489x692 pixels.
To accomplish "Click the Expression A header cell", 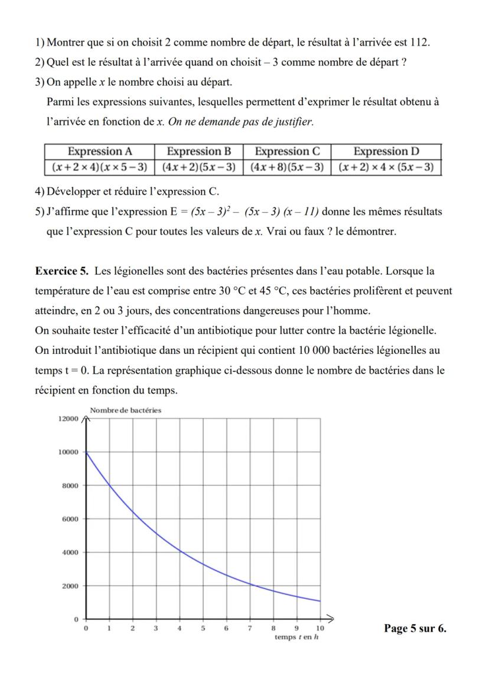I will pos(99,151).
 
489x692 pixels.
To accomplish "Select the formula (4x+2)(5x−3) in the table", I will pos(198,167).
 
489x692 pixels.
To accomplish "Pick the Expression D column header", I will pos(386,151).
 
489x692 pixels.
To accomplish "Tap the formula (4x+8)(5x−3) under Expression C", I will pos(287,167).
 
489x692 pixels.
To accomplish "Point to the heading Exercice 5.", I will pos(61,271).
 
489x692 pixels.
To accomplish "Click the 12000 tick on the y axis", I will pos(67,419).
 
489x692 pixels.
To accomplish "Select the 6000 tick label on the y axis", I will pos(70,519).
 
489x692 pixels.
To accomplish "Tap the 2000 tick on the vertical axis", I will pos(70,586).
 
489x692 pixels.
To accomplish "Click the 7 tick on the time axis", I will pos(249,629).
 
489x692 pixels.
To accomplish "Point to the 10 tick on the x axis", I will pos(320,629).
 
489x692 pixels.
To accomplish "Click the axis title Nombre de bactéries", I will pos(125,410).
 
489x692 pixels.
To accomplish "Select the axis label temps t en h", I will pos(296,638).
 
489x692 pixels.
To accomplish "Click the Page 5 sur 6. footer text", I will pos(415,628).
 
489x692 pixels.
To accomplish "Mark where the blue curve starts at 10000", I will pos(87,452).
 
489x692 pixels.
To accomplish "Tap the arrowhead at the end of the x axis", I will pos(332,619).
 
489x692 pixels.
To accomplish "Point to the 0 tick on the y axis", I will pos(76,620).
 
